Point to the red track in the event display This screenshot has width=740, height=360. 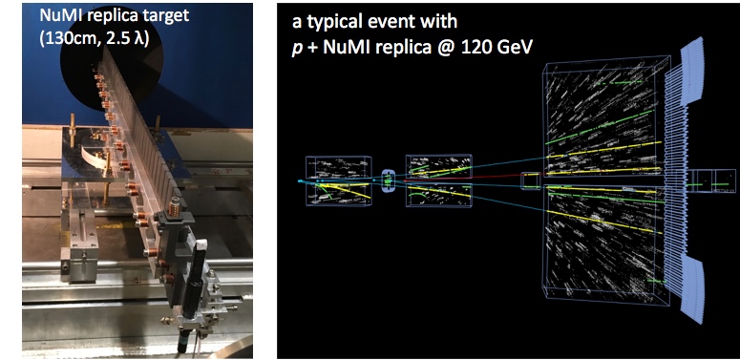(x=462, y=179)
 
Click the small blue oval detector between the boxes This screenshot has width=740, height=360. (x=388, y=180)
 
